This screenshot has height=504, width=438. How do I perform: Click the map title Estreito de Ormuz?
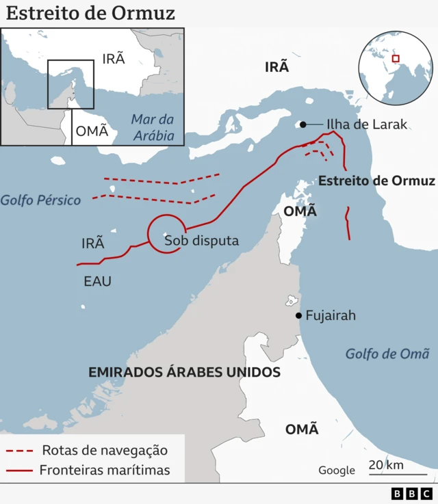point(90,13)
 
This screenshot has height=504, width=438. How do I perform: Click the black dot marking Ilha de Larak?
point(301,124)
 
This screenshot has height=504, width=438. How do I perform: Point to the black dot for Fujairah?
point(298,315)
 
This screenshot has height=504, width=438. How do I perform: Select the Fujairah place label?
point(331,316)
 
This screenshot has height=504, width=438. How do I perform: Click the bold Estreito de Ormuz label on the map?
point(376,181)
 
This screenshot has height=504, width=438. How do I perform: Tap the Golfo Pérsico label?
point(40,200)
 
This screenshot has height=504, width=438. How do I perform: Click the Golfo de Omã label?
point(387,354)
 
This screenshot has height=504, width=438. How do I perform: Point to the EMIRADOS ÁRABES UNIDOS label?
point(185,373)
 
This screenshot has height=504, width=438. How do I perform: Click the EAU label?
point(97,280)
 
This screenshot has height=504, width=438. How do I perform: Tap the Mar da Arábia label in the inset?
point(153,127)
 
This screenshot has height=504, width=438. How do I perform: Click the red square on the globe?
point(395,59)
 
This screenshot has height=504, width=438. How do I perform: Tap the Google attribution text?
point(337,470)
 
